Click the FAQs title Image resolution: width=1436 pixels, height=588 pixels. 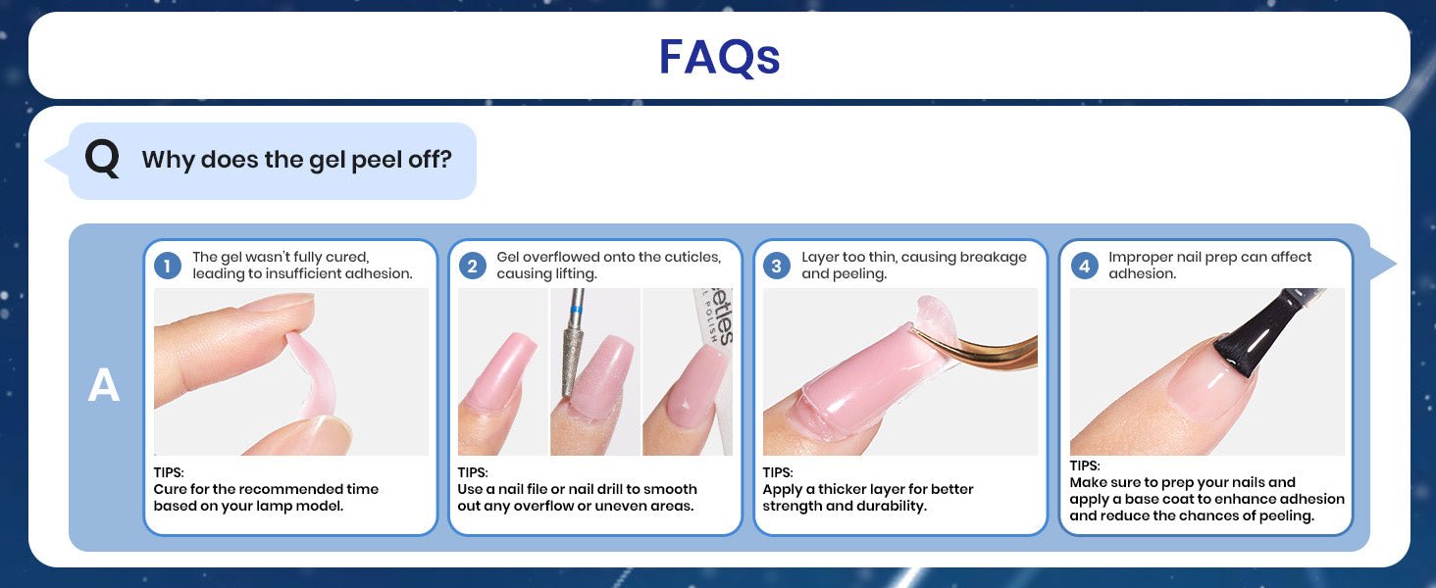[x=719, y=57]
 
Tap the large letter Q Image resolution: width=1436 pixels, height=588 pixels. [x=102, y=159]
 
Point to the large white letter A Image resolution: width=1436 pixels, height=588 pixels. [x=103, y=385]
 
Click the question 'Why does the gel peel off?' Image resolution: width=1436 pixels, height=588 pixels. [x=297, y=160]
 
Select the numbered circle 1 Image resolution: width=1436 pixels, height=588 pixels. [x=168, y=266]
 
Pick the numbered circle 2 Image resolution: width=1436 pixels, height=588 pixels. [x=472, y=266]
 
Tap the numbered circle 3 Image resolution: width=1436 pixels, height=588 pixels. [x=776, y=266]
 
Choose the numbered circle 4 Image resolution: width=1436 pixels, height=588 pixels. [x=1084, y=266]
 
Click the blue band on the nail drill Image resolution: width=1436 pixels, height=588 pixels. [x=577, y=310]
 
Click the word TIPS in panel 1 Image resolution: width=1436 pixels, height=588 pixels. [x=169, y=472]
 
